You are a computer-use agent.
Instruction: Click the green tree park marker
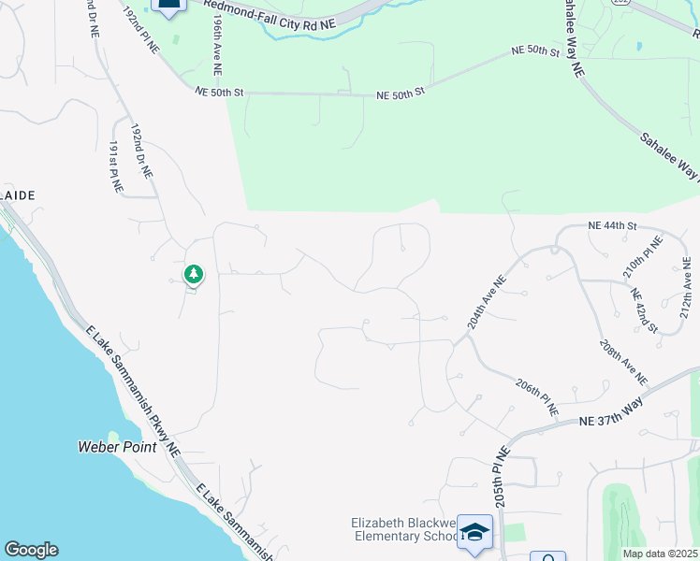194,275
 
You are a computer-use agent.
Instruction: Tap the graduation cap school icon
474,532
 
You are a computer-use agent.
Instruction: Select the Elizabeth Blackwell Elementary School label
404,529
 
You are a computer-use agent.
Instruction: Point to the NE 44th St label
612,226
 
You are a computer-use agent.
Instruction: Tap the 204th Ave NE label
487,302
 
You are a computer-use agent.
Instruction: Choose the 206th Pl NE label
537,397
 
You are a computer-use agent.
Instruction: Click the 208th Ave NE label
623,363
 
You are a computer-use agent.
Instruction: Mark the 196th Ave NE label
217,38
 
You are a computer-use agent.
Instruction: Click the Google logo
31,550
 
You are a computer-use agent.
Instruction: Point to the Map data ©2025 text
660,554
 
